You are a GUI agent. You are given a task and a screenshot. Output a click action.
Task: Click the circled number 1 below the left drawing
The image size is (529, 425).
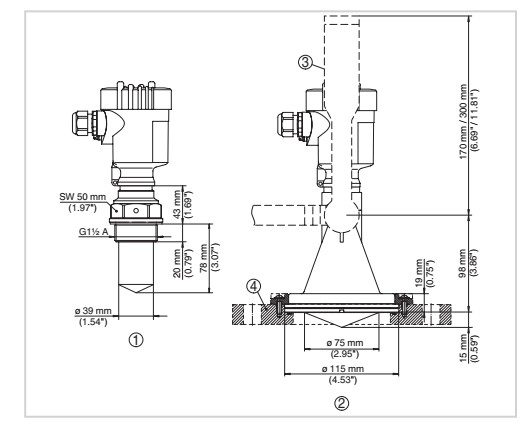click(136, 340)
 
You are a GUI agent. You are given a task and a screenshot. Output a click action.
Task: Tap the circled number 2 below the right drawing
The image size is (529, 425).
click(341, 403)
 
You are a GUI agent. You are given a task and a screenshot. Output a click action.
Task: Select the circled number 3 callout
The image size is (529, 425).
click(305, 62)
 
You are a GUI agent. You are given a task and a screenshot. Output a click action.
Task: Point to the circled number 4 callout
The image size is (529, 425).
click(253, 287)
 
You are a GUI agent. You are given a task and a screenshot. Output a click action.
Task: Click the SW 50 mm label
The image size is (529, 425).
click(83, 197)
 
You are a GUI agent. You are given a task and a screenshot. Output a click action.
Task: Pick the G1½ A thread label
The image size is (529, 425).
click(94, 232)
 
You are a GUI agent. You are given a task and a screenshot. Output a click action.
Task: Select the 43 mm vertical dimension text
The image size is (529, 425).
click(177, 204)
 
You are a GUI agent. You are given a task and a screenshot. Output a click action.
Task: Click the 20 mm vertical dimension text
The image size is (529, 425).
click(177, 263)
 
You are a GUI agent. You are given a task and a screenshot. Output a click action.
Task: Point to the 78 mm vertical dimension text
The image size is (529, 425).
click(204, 257)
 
